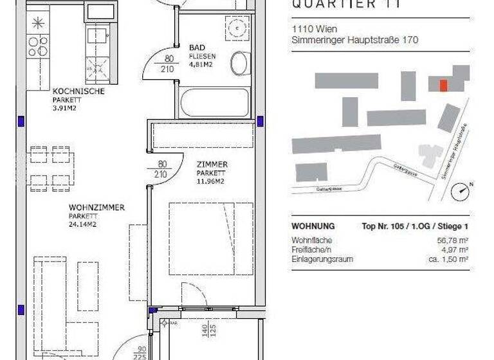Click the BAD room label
tap(197, 48)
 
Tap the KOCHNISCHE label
tap(78, 91)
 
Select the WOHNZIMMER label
tap(96, 208)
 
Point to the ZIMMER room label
tap(212, 165)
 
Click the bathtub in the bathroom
tap(214, 103)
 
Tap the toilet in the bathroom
tap(238, 62)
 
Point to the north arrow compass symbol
tap(461, 192)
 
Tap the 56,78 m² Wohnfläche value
tap(453, 240)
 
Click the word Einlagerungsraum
tap(322, 258)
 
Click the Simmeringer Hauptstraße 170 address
tap(354, 40)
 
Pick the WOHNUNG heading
tap(313, 226)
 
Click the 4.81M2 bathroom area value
tap(201, 64)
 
